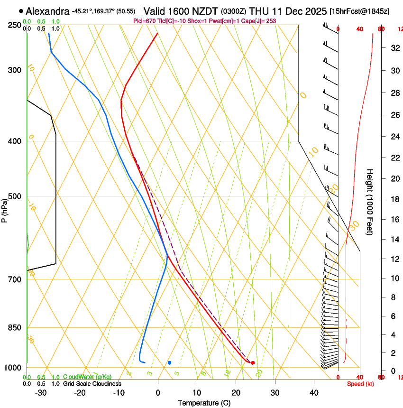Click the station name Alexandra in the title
pos(47,10)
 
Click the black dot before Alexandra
pos(21,10)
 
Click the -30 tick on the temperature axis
pos(41,392)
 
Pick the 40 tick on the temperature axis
pos(314,392)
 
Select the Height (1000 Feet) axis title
pos(370,202)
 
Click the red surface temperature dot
pos(253,363)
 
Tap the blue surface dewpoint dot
pos(169,363)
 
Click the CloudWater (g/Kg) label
pos(87,377)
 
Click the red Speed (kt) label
pos(360,384)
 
